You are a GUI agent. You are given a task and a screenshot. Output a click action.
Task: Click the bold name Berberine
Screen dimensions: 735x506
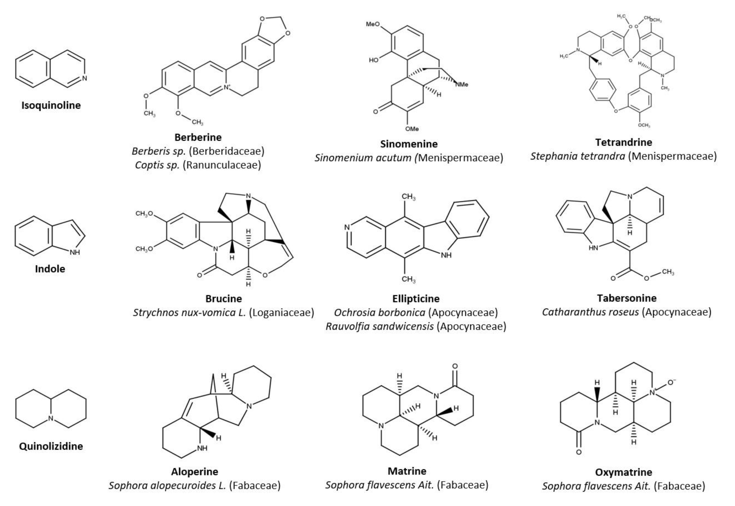(x=198, y=137)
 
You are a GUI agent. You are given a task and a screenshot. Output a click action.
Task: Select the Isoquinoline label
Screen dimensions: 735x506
(x=51, y=105)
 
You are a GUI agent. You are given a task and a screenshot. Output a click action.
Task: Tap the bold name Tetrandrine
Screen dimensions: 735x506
(x=624, y=142)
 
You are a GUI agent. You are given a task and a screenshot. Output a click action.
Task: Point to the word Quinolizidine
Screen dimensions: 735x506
(x=51, y=446)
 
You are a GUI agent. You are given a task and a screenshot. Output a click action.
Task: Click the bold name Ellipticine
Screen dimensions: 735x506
(x=416, y=299)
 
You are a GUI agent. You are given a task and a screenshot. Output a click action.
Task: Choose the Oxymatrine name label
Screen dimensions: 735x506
(x=624, y=472)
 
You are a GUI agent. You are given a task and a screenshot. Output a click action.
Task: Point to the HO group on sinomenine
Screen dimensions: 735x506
(x=374, y=60)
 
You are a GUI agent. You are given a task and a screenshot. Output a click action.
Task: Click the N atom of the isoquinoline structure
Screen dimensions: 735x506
(x=84, y=78)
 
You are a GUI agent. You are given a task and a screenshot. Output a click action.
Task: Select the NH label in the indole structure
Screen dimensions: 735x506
(x=75, y=252)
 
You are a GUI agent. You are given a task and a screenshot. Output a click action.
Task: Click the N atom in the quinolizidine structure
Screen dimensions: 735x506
(x=51, y=419)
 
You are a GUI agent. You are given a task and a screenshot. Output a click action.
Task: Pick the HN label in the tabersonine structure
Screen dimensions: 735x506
(x=593, y=248)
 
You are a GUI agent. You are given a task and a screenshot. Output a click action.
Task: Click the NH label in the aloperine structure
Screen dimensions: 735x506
(x=202, y=448)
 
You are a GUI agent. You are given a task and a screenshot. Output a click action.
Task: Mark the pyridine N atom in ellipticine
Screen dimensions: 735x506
(x=347, y=227)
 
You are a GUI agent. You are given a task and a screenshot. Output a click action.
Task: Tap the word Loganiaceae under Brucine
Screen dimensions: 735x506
(x=281, y=313)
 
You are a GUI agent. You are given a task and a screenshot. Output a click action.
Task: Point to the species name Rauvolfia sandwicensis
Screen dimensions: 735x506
(x=379, y=326)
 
